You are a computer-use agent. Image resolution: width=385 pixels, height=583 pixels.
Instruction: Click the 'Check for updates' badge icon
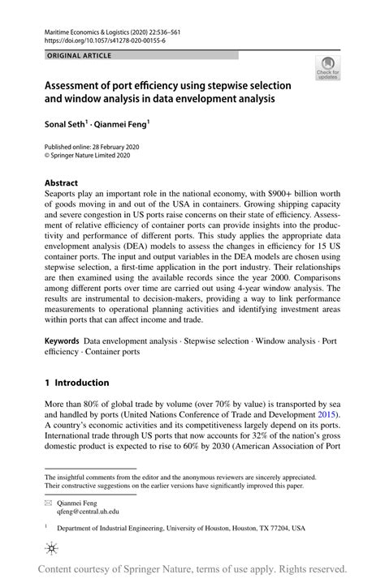click(329, 67)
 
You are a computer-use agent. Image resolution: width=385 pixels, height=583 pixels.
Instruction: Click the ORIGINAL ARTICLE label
click(79, 55)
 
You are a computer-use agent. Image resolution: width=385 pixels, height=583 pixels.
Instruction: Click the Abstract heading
click(62, 183)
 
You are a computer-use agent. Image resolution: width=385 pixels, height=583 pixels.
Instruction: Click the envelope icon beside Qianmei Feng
click(50, 502)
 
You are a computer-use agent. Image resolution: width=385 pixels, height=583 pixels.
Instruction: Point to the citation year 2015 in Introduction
click(326, 415)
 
